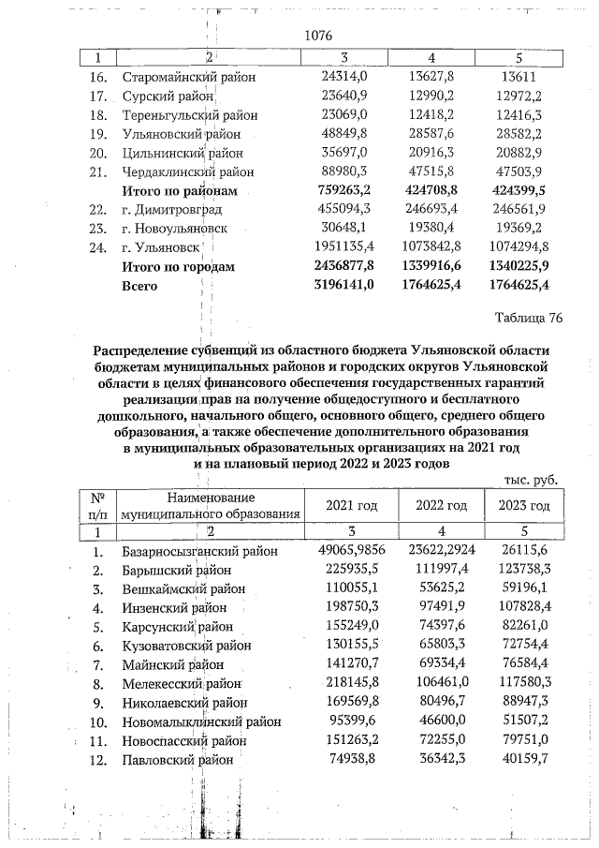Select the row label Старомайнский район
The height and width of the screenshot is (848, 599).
[189, 76]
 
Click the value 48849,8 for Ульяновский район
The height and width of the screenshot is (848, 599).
[344, 134]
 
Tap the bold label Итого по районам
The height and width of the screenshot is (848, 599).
[181, 191]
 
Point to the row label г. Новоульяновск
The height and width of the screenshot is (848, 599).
[181, 230]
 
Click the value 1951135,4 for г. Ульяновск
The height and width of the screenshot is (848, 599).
[340, 248]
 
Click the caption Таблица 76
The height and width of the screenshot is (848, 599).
[529, 318]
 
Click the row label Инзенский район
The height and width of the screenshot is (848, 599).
[176, 608]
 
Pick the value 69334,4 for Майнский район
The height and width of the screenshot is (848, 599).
[435, 665]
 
